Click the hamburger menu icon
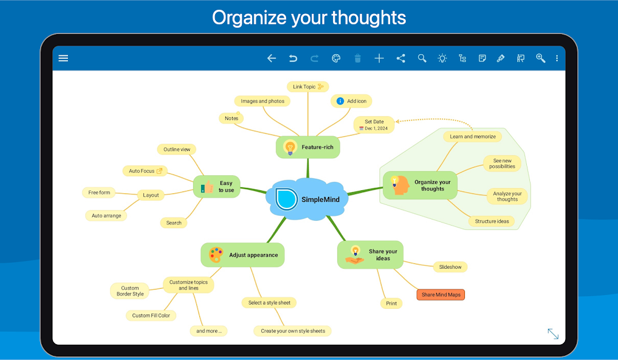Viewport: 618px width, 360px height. [63, 58]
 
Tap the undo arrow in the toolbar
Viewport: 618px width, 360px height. [293, 58]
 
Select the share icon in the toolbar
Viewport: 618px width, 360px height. [400, 58]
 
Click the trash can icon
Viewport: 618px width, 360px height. [357, 58]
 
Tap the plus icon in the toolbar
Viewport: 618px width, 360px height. [379, 58]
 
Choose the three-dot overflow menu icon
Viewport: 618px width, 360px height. [557, 58]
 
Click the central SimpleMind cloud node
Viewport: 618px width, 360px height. [307, 199]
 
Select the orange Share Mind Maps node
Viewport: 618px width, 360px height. [441, 294]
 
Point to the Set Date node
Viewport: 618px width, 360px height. [374, 125]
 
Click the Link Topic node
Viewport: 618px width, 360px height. [308, 87]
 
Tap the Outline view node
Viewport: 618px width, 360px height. [177, 150]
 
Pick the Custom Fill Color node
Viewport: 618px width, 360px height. [151, 316]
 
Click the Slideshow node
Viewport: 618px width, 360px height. [450, 267]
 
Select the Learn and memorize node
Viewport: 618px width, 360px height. [473, 136]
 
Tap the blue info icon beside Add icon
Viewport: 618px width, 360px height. [340, 101]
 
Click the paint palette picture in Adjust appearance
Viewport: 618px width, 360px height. [216, 255]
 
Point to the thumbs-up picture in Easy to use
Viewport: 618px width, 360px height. [207, 187]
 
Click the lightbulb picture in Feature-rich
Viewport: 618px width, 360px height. [290, 148]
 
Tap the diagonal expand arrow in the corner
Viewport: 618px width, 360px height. [553, 334]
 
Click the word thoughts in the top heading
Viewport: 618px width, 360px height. [368, 18]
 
